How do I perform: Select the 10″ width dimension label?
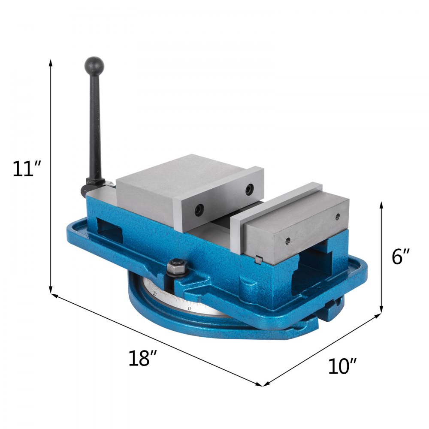[342, 366]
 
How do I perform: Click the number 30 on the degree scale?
[154, 294]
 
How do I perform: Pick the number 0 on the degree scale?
[189, 308]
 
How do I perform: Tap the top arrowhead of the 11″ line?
[51, 63]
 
